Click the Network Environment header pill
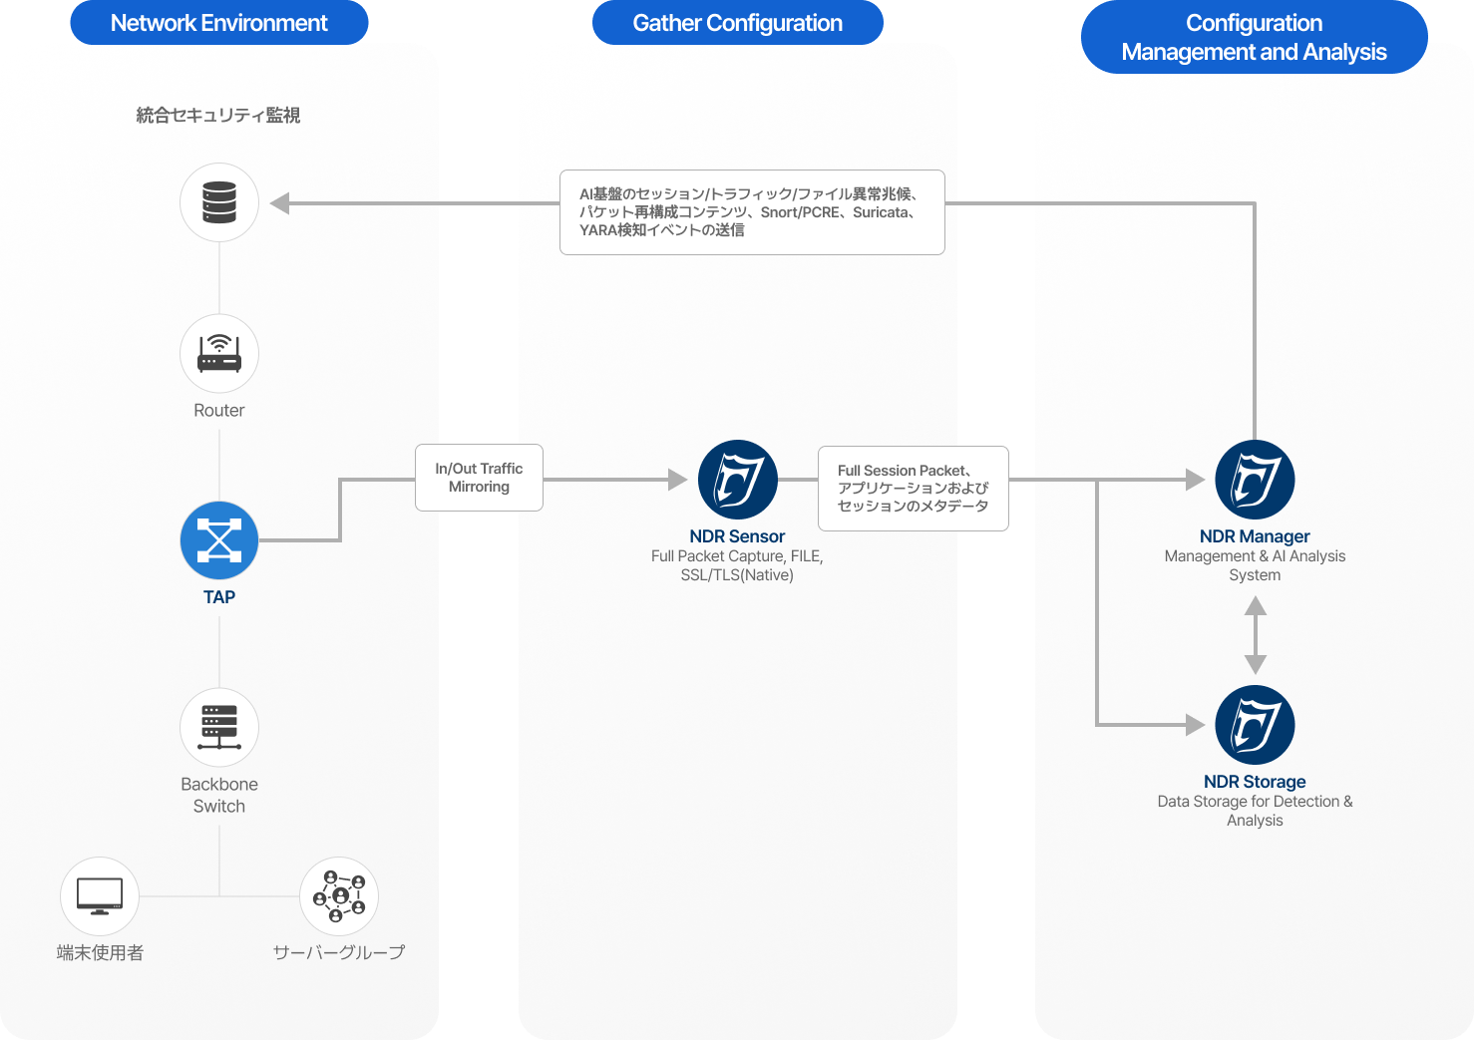click(x=218, y=23)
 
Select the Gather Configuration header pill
click(x=737, y=23)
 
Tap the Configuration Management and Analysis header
click(x=1254, y=37)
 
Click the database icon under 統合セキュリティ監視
click(x=219, y=202)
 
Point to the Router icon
click(x=219, y=354)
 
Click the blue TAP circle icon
click(x=219, y=540)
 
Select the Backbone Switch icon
click(x=219, y=727)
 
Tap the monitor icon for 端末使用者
click(x=100, y=896)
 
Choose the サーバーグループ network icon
click(x=339, y=896)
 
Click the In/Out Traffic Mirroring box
click(x=479, y=478)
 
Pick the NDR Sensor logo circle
click(x=738, y=480)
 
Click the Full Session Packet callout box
click(x=913, y=488)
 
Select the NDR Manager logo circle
click(x=1255, y=480)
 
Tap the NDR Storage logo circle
click(x=1255, y=725)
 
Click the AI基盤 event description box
click(x=752, y=212)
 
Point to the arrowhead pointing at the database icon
click(x=280, y=203)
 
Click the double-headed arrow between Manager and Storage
click(x=1256, y=635)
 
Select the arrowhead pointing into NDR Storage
click(x=1195, y=725)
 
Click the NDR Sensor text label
click(x=737, y=536)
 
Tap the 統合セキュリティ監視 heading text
click(x=218, y=116)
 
